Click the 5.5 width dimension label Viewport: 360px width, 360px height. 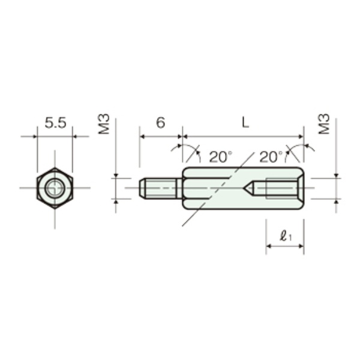click(x=55, y=123)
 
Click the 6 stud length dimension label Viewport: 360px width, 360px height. click(x=160, y=122)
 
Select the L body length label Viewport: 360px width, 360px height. click(x=245, y=122)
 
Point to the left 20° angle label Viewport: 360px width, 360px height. click(x=220, y=157)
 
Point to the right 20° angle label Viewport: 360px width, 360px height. click(x=271, y=157)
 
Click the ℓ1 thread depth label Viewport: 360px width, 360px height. click(x=286, y=236)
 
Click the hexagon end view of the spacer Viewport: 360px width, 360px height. click(x=55, y=188)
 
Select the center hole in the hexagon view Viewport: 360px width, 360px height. click(x=55, y=188)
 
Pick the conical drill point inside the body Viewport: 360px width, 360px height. click(x=248, y=188)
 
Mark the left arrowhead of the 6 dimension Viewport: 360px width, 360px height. click(x=142, y=137)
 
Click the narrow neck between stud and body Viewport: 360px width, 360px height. click(x=179, y=188)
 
